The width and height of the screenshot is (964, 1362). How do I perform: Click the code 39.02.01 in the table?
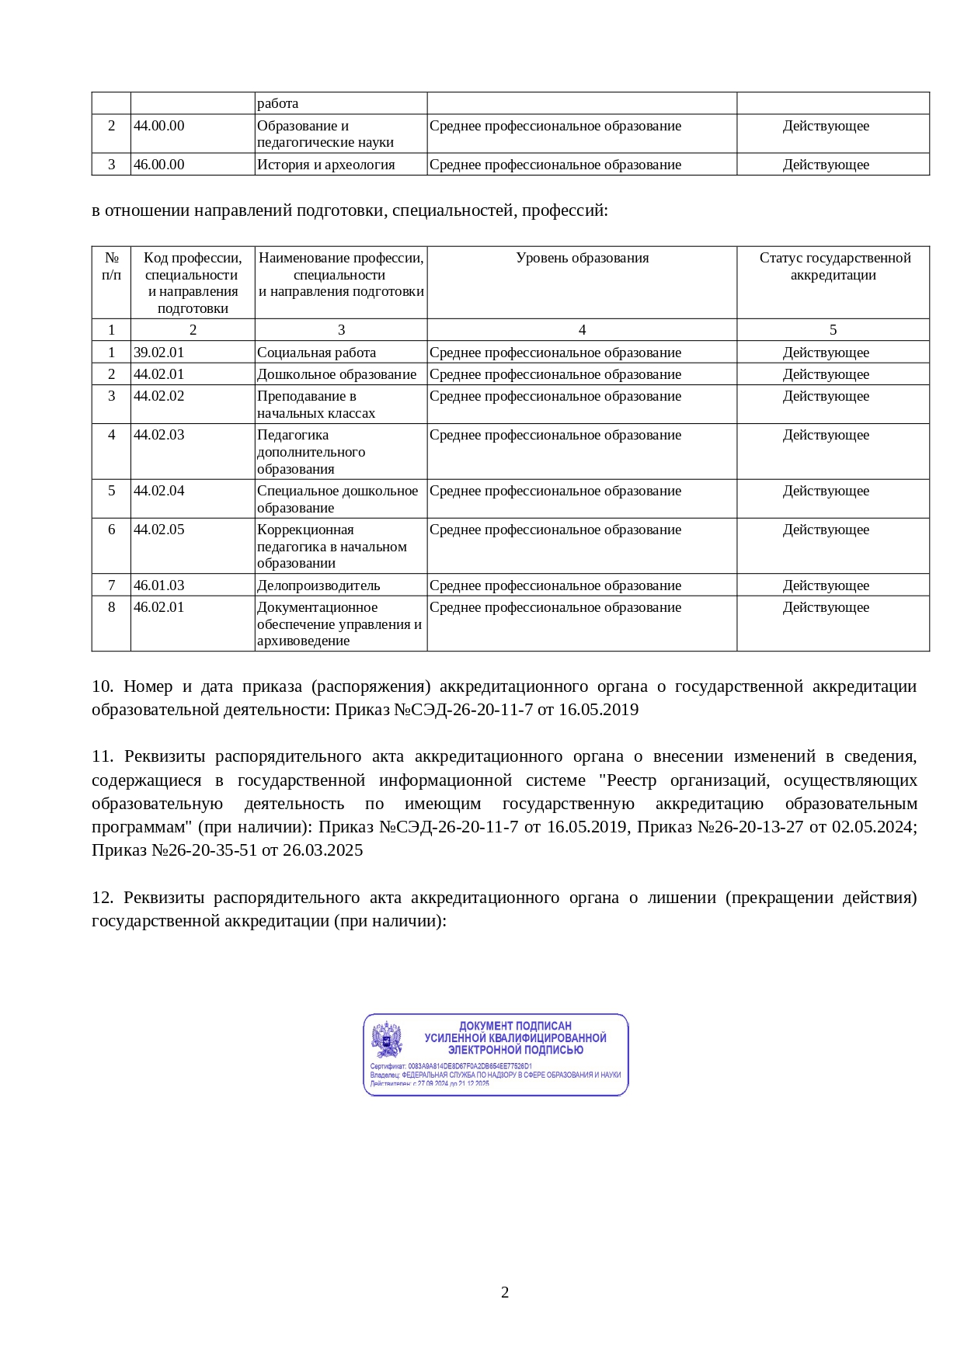point(159,353)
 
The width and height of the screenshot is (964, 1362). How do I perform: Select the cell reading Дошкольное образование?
point(336,374)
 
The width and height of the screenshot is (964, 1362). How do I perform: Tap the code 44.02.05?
point(159,530)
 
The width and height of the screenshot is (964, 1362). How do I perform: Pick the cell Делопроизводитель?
point(318,585)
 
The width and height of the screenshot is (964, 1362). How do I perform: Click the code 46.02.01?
point(159,607)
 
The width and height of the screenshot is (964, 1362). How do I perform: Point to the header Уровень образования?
point(582,258)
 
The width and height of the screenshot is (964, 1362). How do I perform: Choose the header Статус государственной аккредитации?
point(833,266)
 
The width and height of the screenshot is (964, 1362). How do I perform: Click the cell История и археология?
point(325,165)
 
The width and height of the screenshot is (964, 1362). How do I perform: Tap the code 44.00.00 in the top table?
point(159,126)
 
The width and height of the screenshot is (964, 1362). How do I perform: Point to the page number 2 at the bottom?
point(505,1292)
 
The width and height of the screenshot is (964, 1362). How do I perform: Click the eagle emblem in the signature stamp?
point(387,1040)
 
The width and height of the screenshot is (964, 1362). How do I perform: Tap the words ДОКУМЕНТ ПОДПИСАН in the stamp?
point(515,1026)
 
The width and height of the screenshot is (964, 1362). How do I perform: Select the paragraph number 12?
point(102,898)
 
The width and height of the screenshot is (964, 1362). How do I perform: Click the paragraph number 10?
point(102,686)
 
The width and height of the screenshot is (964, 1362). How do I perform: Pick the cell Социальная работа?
point(316,353)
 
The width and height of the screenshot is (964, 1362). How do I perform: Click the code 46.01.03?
point(159,585)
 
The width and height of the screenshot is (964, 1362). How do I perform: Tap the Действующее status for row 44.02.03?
point(826,435)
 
